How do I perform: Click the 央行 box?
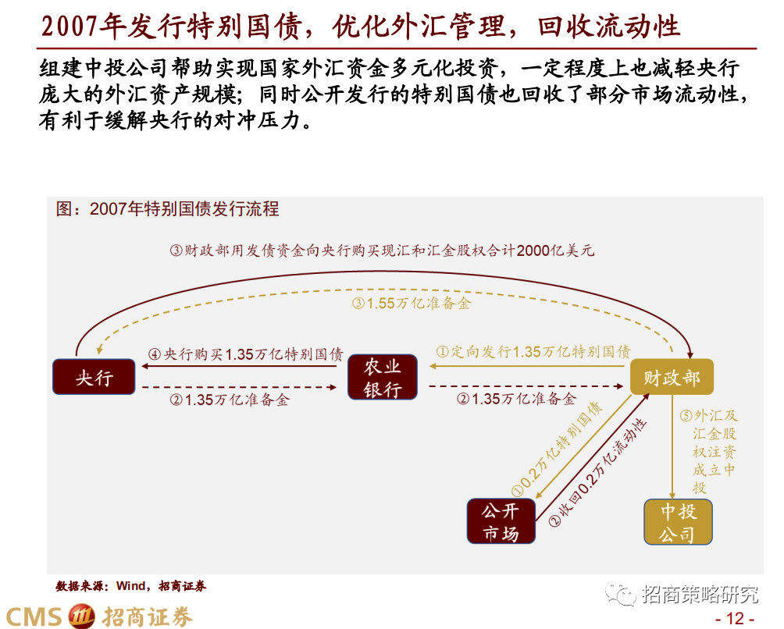93,378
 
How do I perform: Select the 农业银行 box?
382,378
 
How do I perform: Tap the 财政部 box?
672,378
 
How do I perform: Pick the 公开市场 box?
502,521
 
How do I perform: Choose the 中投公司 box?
679,522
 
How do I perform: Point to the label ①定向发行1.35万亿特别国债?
533,352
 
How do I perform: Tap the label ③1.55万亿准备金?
412,303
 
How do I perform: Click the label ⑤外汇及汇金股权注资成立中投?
714,451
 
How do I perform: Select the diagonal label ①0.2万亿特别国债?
556,450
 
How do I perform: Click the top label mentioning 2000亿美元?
382,251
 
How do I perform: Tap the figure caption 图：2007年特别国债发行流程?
168,209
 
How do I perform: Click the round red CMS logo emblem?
81,616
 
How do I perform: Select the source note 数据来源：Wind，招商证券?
130,585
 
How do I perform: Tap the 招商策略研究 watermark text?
700,595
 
